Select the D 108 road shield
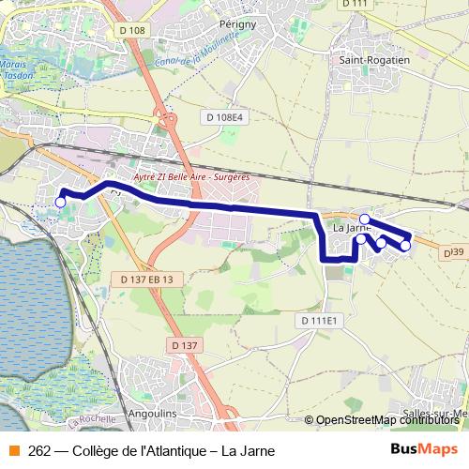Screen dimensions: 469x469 coord(133,30)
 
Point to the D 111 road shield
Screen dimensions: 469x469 coord(355,4)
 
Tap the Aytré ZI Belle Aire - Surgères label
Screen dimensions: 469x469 coord(185,175)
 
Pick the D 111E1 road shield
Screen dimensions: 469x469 coord(318,320)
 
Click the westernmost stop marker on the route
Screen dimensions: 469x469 coord(61,202)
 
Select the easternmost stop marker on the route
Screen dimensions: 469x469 coord(405,246)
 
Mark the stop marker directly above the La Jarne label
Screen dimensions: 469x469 coord(364,219)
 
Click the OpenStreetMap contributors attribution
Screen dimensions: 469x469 coord(388,420)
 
